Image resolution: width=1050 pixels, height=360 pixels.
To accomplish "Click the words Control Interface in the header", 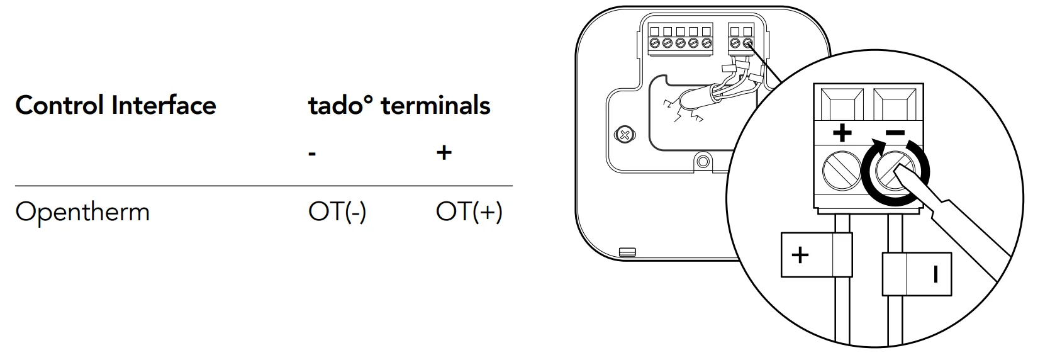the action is (116, 105).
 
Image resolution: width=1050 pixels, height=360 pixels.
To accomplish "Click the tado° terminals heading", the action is (399, 105).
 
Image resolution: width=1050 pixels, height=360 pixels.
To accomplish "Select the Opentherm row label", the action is (82, 212).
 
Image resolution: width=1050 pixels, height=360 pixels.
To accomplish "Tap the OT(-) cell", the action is (337, 212).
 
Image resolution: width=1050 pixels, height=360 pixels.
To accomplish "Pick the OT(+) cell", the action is (469, 212).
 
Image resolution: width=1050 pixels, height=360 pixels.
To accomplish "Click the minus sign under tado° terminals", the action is (312, 154).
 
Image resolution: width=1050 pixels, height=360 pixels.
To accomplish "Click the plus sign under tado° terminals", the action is (444, 153).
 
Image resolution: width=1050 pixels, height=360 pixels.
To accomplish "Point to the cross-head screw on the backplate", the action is (624, 135).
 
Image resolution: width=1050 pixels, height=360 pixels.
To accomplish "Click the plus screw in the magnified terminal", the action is (842, 171).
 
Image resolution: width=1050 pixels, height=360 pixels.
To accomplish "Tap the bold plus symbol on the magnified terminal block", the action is (842, 133).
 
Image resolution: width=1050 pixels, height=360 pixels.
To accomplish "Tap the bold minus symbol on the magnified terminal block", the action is (895, 133).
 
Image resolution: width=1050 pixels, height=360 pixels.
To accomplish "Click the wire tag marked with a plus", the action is (816, 255).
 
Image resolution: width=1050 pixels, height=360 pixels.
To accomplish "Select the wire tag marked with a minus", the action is (917, 274).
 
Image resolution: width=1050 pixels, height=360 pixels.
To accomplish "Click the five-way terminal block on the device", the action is (680, 40).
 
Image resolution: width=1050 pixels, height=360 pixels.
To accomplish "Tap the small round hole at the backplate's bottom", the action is (703, 162).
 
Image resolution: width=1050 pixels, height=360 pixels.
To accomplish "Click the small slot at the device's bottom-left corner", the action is (627, 252).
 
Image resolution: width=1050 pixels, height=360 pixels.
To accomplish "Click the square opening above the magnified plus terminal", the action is (842, 103).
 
